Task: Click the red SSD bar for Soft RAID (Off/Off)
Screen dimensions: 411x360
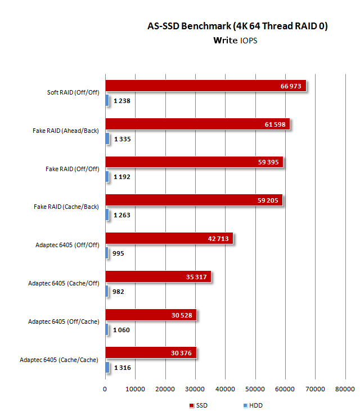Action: [205, 86]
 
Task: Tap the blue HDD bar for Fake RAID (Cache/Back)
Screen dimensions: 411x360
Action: [107, 215]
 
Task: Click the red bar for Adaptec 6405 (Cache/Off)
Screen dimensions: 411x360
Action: [158, 277]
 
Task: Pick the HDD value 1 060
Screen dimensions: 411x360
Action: [121, 330]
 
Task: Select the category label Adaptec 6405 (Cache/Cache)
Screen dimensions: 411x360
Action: [59, 360]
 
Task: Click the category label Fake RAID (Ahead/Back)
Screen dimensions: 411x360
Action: [66, 131]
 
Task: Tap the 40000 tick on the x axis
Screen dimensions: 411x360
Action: [225, 389]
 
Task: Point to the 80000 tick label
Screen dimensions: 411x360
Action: [345, 389]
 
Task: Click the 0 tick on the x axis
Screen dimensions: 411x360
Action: [105, 389]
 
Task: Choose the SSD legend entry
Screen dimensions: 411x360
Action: [198, 405]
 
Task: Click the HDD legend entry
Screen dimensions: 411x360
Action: [253, 405]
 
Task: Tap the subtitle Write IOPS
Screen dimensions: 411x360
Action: [235, 41]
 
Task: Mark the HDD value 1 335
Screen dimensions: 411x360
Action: [122, 139]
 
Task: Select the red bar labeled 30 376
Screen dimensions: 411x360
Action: [150, 353]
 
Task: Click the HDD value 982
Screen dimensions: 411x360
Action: [119, 292]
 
